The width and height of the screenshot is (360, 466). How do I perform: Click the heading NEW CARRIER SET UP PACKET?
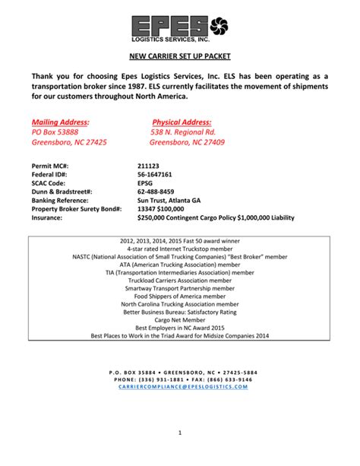click(180, 57)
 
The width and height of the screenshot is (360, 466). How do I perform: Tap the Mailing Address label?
click(60, 122)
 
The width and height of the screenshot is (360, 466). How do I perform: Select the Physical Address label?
click(182, 122)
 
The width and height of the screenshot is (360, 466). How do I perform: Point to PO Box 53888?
click(55, 132)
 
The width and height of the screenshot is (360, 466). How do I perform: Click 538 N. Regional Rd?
click(182, 132)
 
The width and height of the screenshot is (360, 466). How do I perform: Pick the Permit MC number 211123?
click(149, 165)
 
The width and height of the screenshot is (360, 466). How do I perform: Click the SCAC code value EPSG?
click(146, 182)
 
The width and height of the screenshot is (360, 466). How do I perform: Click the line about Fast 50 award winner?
click(180, 240)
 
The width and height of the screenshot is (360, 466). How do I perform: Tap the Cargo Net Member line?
click(180, 320)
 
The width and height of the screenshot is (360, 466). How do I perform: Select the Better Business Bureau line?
click(180, 312)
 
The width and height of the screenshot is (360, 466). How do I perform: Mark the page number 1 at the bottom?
click(180, 433)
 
